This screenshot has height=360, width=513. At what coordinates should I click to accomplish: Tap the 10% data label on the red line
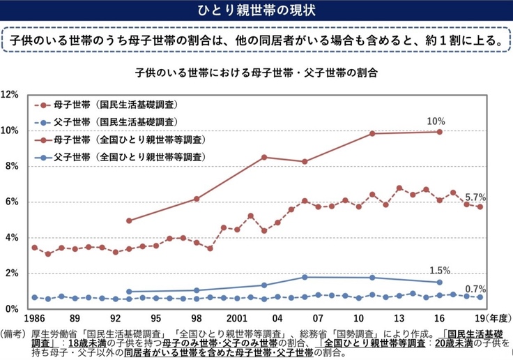(x=436, y=121)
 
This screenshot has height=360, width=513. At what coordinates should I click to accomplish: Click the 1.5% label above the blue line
(x=441, y=271)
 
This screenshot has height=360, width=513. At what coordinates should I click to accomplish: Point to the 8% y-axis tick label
(x=12, y=166)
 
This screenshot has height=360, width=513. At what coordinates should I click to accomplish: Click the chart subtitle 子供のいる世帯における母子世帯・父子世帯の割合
(x=257, y=72)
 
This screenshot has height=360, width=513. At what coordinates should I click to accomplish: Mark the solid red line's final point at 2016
(x=440, y=131)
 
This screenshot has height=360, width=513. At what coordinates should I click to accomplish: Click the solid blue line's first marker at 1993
(x=130, y=292)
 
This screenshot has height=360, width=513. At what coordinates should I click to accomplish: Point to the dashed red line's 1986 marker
(x=34, y=248)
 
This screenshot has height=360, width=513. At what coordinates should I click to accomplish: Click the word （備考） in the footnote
(x=13, y=333)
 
